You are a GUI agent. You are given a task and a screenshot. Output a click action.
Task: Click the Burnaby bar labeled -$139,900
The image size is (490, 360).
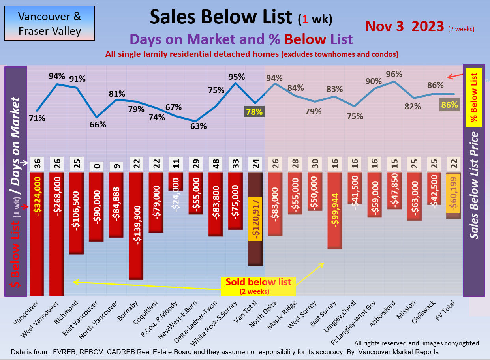[136, 225]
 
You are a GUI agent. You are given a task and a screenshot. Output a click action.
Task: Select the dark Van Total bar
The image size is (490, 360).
[255, 219]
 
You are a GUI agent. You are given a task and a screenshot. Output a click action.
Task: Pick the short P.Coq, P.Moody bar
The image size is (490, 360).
[176, 182]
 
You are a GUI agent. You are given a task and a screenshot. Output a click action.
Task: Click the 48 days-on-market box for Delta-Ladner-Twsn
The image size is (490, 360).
[215, 164]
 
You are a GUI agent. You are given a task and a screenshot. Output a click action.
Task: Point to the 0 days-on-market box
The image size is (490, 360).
[96, 164]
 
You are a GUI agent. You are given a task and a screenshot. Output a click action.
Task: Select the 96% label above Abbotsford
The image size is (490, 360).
[394, 74]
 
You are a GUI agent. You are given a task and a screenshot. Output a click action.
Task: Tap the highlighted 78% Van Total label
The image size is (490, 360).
[254, 112]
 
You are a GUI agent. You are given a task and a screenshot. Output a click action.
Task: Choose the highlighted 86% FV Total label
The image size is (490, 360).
[449, 105]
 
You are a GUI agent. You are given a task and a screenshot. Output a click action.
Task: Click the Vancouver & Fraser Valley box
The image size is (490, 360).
[50, 23]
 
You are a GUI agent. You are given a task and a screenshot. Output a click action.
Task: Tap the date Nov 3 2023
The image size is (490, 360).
[405, 26]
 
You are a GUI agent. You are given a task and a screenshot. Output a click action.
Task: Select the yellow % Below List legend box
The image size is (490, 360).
[474, 97]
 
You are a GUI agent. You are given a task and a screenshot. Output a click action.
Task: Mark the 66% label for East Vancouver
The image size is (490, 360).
[98, 124]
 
